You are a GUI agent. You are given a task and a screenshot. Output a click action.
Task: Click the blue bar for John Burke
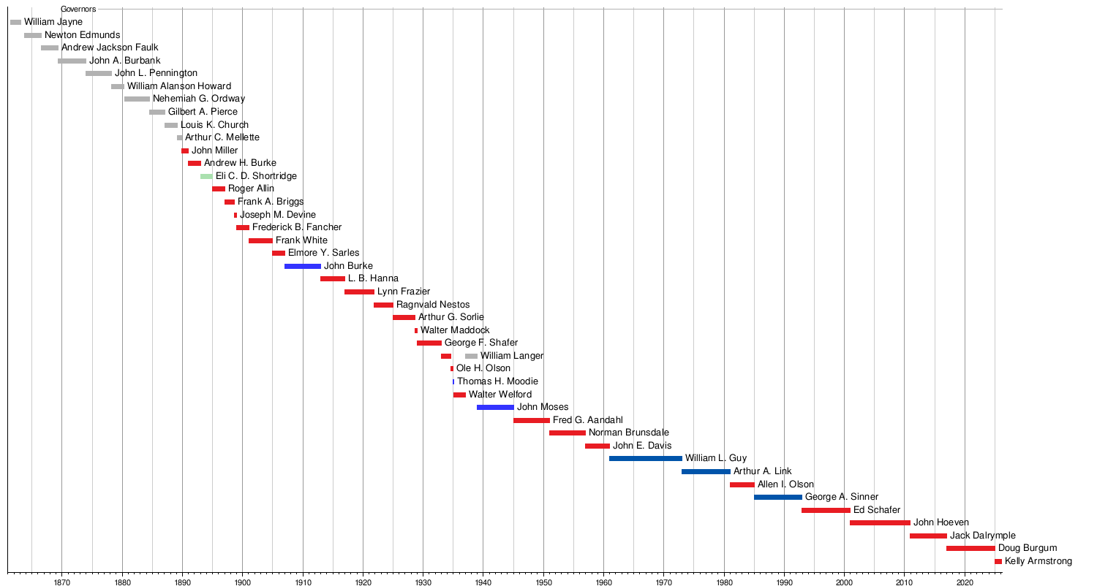coord(302,266)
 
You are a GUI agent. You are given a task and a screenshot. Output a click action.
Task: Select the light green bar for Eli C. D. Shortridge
coord(206,176)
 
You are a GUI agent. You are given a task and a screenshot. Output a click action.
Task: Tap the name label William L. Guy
coord(715,458)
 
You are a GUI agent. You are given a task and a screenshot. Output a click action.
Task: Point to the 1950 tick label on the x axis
coord(543,582)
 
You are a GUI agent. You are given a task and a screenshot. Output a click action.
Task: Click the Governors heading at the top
coord(78,9)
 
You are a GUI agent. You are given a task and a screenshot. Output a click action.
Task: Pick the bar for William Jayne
coord(15,22)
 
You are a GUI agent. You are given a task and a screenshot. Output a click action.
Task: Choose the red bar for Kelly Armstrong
coord(998,561)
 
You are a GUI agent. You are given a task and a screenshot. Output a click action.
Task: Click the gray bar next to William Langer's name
coord(471,356)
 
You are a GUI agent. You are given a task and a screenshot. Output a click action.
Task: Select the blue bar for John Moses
coord(495,407)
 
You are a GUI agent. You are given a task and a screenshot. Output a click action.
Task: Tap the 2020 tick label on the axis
coord(965,582)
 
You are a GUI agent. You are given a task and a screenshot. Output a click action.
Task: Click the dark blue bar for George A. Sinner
coord(777,497)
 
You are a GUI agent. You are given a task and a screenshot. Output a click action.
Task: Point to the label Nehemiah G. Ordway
coord(199,99)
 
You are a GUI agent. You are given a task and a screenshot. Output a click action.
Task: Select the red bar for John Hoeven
coord(880,522)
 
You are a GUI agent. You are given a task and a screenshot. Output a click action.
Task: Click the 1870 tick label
coord(61,582)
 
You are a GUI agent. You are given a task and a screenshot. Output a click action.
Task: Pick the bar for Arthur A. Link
coord(706,471)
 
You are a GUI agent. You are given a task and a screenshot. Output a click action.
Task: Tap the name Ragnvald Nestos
coord(433,305)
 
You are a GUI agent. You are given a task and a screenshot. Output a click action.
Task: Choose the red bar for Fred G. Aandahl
coord(531,420)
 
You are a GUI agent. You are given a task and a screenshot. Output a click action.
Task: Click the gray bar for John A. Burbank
coord(72,61)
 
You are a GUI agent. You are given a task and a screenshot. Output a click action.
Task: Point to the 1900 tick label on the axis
coord(242,582)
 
